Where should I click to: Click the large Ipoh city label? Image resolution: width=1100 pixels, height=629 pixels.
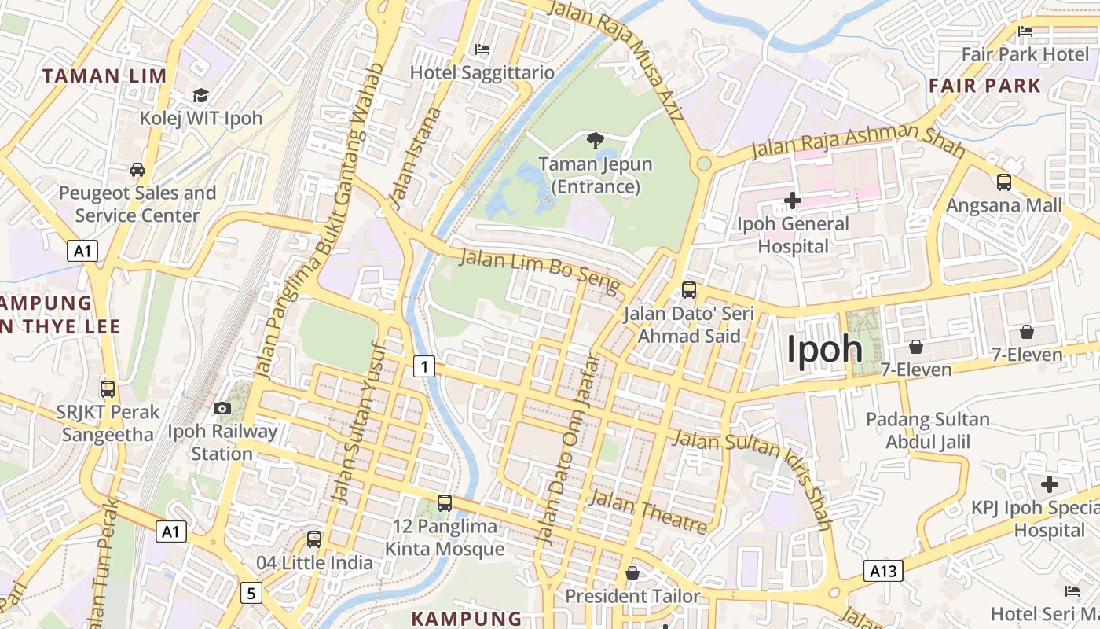tap(824, 349)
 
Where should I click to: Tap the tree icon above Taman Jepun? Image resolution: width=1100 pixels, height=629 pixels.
tap(596, 142)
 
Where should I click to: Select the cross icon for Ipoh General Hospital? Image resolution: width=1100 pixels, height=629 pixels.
tap(793, 200)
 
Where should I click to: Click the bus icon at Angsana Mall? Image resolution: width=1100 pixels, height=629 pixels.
tap(1004, 182)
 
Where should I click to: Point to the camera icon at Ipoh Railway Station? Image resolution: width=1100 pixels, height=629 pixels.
tap(222, 408)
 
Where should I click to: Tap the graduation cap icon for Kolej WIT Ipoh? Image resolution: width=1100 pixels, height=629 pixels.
tap(200, 96)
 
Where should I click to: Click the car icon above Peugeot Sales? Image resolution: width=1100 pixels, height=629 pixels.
tap(137, 170)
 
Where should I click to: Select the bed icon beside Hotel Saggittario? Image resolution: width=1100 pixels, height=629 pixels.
tap(483, 50)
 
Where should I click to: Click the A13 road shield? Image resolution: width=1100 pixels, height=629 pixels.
tap(882, 571)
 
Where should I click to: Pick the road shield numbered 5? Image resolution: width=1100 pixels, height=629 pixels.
tap(251, 593)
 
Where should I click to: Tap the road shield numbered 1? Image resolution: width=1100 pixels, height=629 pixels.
tap(424, 366)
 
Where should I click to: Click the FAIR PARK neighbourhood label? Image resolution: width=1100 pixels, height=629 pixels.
tap(984, 86)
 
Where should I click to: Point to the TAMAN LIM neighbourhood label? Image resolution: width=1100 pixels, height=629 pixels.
tap(104, 76)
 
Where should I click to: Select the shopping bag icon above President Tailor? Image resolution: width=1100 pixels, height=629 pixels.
tap(632, 574)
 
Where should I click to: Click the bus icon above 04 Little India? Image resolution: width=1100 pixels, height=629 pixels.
tap(314, 539)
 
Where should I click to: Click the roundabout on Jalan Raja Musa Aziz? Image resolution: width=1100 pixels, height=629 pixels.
tap(704, 164)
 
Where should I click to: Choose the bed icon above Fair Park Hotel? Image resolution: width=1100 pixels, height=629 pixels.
tap(1025, 31)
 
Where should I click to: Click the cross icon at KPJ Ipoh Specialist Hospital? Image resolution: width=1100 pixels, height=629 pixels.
tap(1050, 484)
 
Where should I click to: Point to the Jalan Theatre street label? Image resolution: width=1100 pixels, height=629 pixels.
tap(648, 512)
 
